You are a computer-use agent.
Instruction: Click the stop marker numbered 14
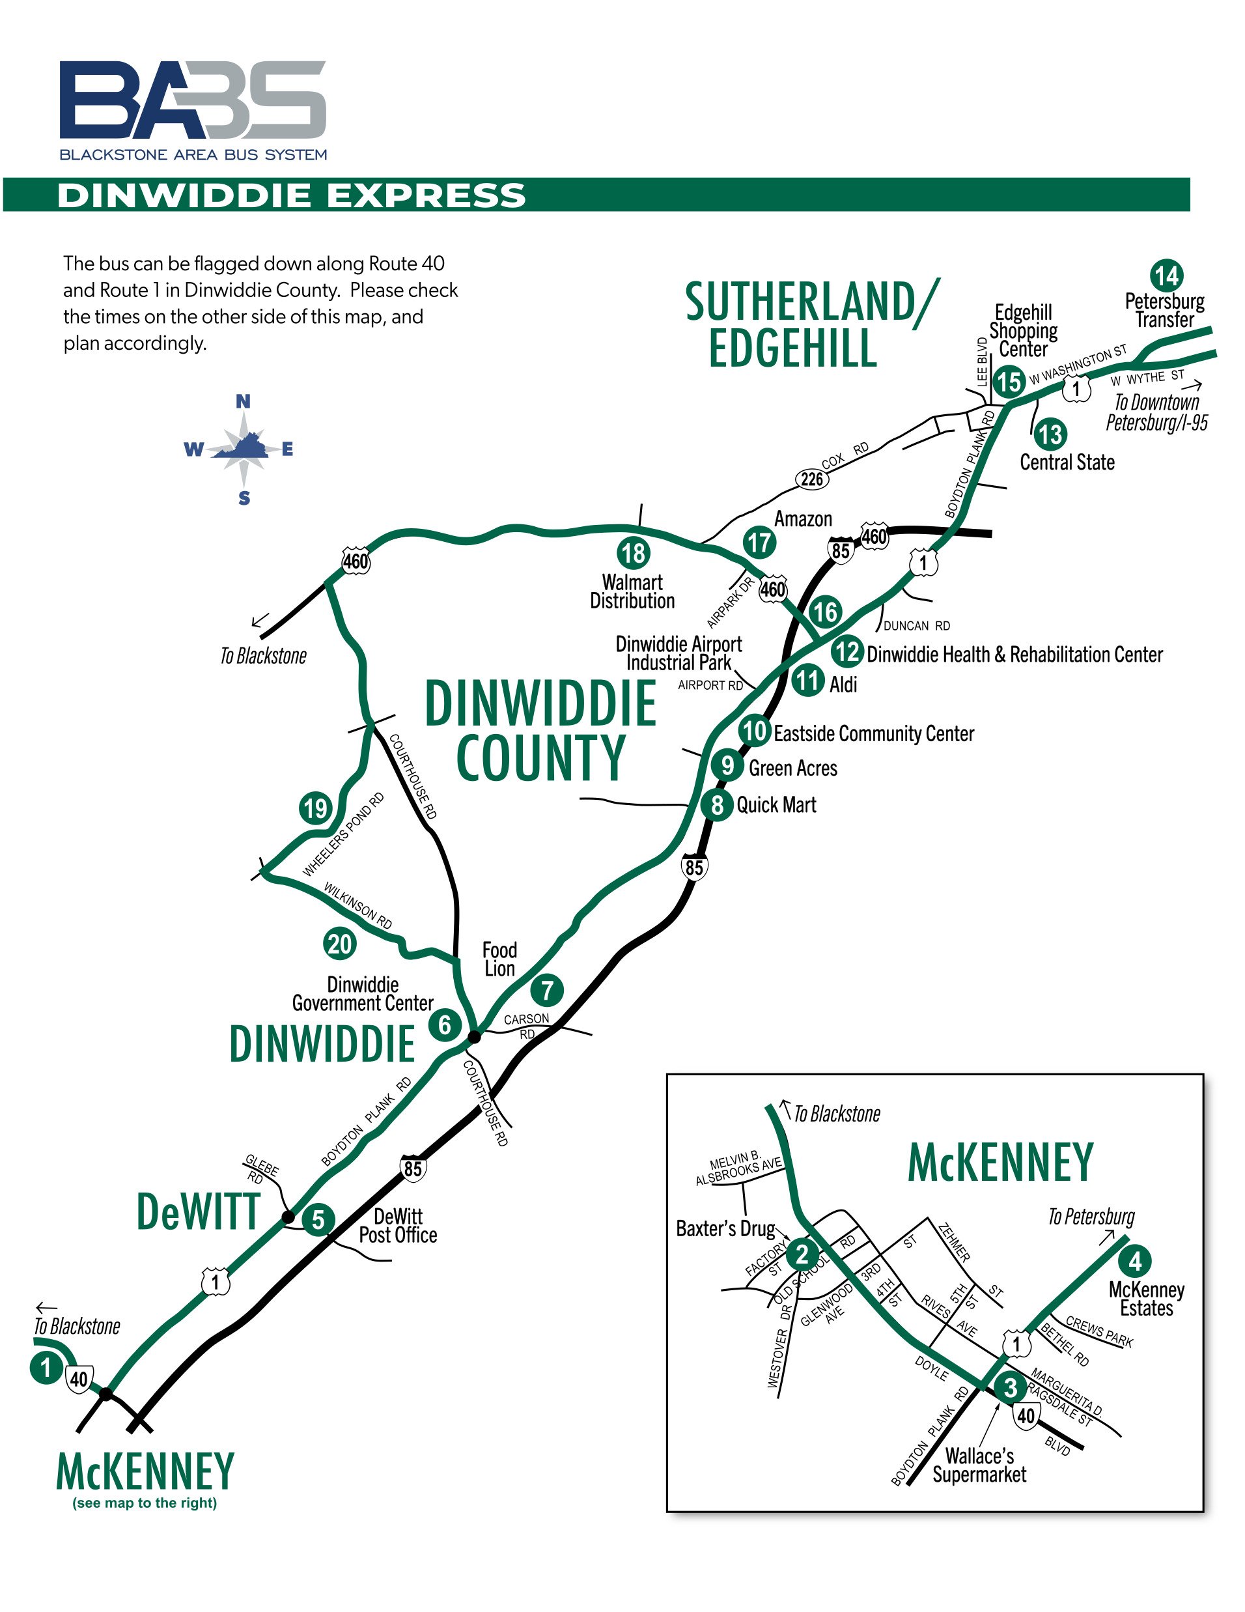point(1166,276)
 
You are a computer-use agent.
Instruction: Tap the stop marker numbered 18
point(632,552)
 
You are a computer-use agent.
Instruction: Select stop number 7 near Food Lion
point(547,990)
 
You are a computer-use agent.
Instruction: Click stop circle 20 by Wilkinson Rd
point(339,943)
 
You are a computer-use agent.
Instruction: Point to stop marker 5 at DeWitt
point(318,1219)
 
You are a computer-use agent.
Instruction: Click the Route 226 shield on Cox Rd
point(812,479)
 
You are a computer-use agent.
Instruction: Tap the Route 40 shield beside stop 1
point(79,1378)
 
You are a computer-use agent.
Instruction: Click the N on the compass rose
point(243,401)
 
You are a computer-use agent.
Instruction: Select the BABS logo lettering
point(193,100)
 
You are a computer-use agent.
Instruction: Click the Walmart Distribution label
point(632,591)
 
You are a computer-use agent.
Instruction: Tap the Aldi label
point(843,685)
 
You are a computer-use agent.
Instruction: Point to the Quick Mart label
point(776,804)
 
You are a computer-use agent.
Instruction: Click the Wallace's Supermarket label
point(979,1465)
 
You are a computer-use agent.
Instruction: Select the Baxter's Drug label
point(725,1228)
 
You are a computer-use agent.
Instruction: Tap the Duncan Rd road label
point(917,626)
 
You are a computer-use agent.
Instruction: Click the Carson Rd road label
point(526,1025)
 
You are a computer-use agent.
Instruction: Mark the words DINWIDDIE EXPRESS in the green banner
point(292,195)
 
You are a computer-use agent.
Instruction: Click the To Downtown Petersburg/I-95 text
point(1156,412)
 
